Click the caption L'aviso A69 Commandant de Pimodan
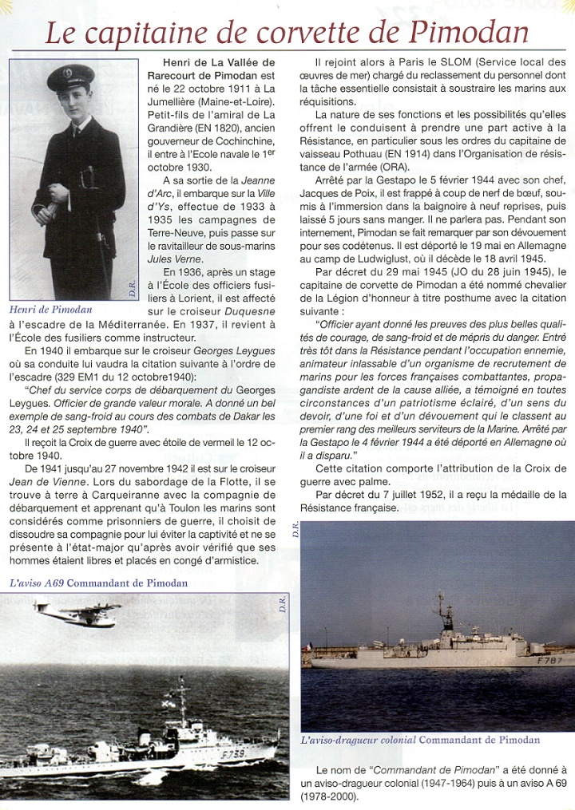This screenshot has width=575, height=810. coord(99,583)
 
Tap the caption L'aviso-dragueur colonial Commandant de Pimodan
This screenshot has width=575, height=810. coord(420,740)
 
